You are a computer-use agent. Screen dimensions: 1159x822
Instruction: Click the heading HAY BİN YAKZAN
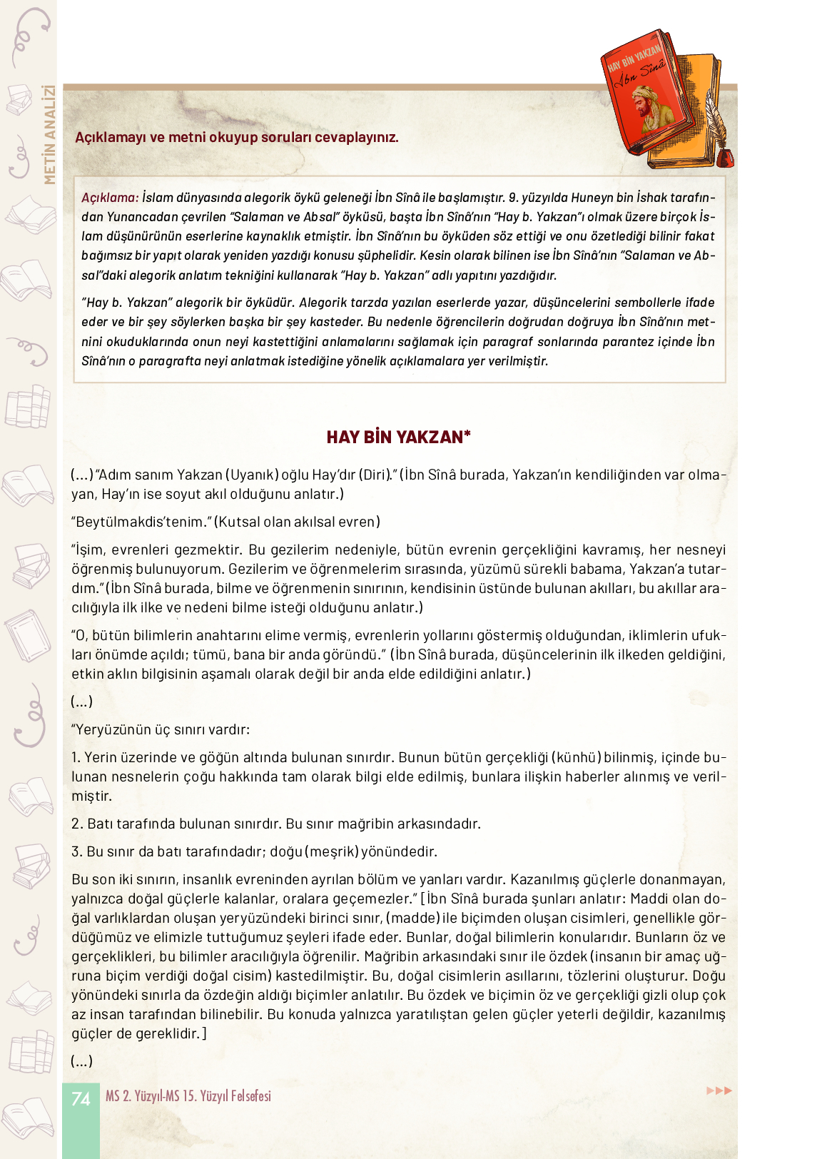(x=398, y=437)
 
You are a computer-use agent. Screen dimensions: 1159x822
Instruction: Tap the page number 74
(x=81, y=1098)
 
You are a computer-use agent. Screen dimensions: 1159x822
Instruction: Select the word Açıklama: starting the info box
(x=110, y=198)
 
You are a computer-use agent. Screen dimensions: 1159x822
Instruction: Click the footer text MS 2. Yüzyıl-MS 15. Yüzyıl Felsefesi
(x=188, y=1096)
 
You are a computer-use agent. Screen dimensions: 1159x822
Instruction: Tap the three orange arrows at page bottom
(x=719, y=1090)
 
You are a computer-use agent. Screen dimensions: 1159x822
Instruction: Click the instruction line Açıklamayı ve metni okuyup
(x=237, y=137)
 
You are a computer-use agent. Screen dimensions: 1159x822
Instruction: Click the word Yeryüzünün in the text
(x=113, y=729)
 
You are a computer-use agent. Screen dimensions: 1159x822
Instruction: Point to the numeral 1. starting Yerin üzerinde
(x=76, y=757)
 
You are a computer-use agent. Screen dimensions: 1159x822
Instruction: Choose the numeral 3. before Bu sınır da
(x=77, y=851)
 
